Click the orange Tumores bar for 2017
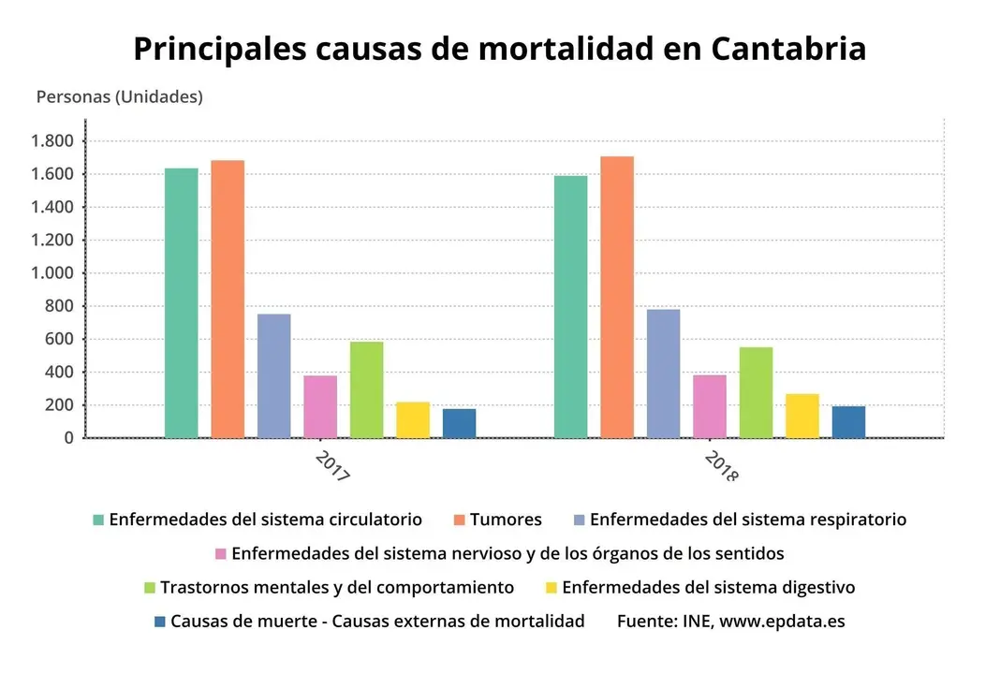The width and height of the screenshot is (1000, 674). tap(228, 299)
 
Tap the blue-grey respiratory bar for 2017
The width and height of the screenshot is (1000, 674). tap(273, 375)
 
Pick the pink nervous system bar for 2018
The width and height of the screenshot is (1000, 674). tap(710, 406)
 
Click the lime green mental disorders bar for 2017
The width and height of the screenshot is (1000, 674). tap(366, 389)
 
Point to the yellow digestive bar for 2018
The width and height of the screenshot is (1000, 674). tap(801, 416)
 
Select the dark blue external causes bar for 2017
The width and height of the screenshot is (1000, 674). tap(459, 423)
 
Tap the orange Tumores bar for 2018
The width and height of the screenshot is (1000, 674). tap(617, 297)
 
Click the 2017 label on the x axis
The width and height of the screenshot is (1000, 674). tap(332, 466)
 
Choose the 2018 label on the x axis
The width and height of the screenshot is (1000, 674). tap(721, 466)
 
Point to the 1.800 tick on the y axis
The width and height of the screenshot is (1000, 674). tap(53, 141)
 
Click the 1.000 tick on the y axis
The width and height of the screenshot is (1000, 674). tap(53, 273)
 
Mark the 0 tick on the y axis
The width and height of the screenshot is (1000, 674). tap(68, 438)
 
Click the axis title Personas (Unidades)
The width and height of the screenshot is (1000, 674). tap(119, 96)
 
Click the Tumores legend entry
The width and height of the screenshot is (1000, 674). tap(506, 520)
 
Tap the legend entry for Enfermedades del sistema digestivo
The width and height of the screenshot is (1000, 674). tap(708, 588)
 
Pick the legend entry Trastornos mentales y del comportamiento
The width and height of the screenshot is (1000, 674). tap(337, 588)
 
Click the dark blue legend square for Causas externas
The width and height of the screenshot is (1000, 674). tap(159, 622)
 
